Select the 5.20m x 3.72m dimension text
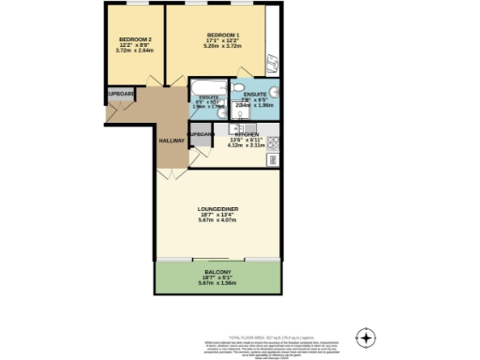[223, 50]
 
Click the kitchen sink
[273, 159]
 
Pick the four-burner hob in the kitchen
[273, 143]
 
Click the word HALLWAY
[171, 140]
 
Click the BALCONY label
[217, 271]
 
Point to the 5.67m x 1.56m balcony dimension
[217, 282]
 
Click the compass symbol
[367, 337]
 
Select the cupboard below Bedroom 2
[119, 95]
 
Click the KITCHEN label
[247, 134]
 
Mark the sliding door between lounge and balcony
[218, 258]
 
